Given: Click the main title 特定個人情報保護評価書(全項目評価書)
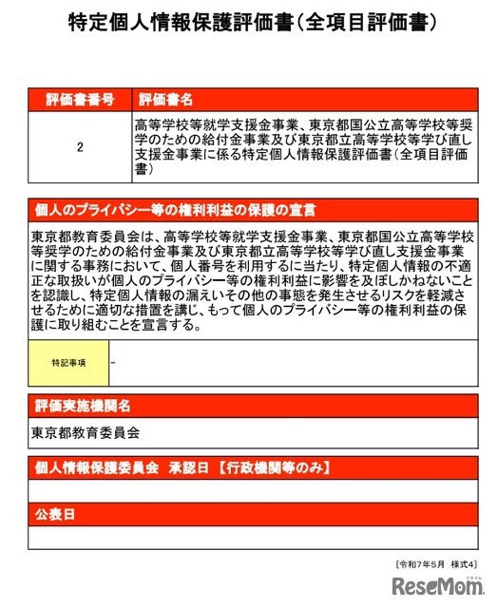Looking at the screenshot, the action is [x=247, y=23].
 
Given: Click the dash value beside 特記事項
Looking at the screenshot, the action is [x=114, y=362].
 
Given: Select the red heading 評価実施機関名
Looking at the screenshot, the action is [x=83, y=407].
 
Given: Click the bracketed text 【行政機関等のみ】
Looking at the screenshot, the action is [x=268, y=468].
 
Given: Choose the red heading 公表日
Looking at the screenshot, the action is [x=55, y=514].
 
